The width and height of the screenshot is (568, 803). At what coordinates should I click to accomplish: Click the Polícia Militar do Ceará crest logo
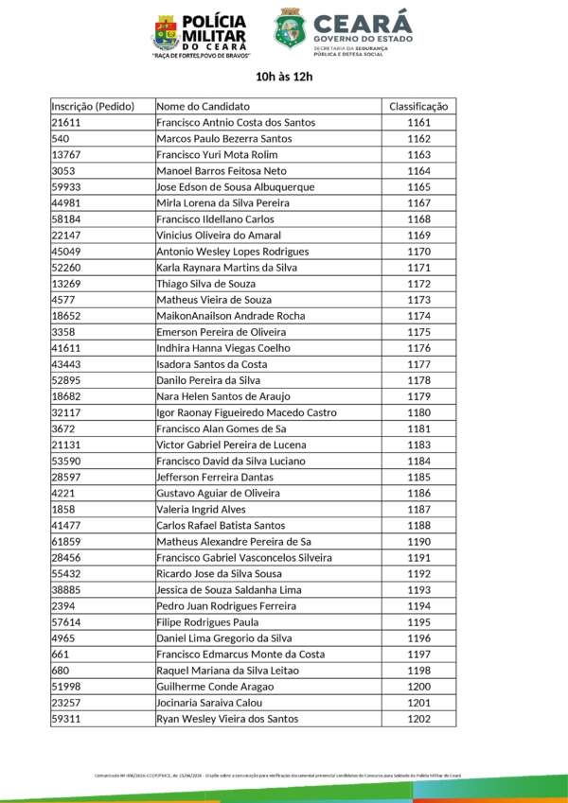(165, 33)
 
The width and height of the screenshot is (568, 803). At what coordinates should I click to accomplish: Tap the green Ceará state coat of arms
(290, 29)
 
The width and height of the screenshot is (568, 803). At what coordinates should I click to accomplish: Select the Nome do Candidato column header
(203, 106)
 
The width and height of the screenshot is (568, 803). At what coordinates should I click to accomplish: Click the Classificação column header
(418, 106)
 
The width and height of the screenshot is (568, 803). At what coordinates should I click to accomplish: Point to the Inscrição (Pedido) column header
(93, 106)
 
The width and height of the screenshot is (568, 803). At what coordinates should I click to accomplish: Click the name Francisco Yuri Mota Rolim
(217, 155)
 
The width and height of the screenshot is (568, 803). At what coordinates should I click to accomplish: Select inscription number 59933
(65, 187)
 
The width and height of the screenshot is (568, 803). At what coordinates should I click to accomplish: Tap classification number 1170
(418, 252)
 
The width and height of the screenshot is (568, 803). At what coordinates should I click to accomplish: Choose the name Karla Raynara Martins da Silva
(226, 268)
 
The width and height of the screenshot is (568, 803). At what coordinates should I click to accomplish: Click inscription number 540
(60, 139)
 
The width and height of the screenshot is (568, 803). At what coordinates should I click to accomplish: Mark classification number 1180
(418, 412)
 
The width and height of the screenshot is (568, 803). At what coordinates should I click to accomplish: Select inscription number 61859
(65, 541)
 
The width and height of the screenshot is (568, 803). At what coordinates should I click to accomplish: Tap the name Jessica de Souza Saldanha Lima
(227, 589)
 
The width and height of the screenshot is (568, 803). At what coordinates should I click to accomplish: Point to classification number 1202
(418, 719)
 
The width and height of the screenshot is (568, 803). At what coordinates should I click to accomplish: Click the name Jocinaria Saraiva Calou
(212, 703)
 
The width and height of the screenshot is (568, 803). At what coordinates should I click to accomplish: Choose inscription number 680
(60, 671)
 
